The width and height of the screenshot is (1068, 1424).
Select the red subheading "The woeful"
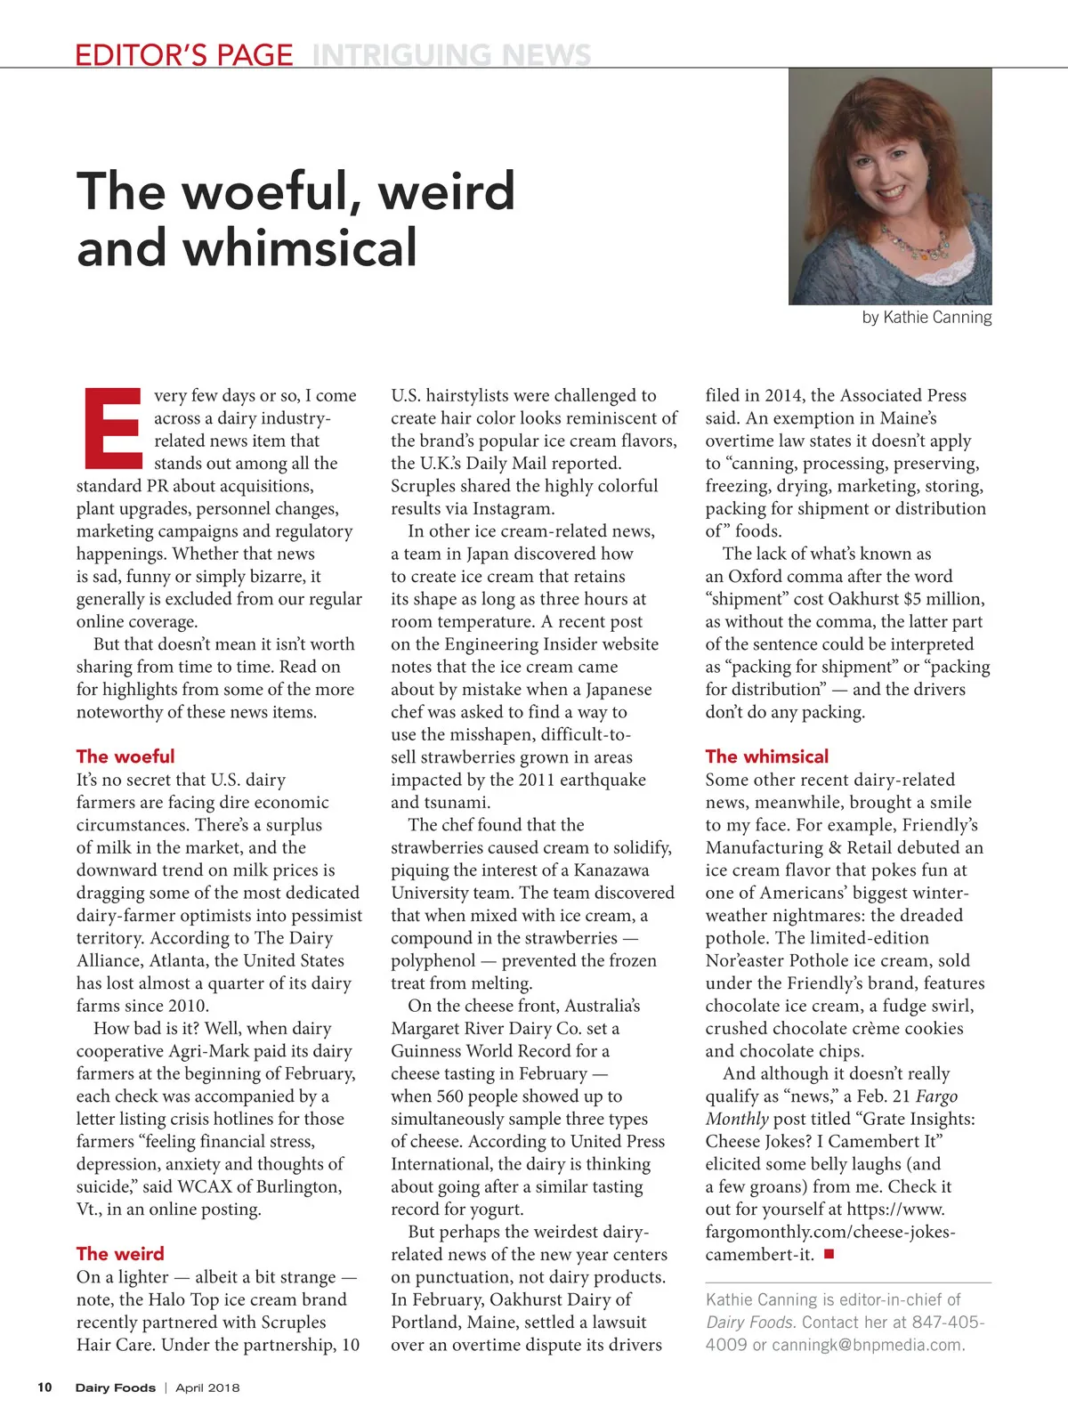point(125,756)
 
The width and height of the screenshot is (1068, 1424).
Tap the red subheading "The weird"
point(120,1254)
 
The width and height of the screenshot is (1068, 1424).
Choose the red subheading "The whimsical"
point(766,756)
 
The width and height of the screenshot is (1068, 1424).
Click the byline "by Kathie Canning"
point(926,318)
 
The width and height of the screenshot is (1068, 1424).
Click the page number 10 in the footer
point(44,1388)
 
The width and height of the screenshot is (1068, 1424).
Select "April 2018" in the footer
point(207,1388)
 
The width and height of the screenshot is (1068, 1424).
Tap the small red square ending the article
point(829,1254)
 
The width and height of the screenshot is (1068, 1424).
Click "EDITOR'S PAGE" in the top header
point(183,55)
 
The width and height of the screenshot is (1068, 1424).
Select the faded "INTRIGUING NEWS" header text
point(451,55)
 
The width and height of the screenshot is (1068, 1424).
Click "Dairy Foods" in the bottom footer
point(115,1388)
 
